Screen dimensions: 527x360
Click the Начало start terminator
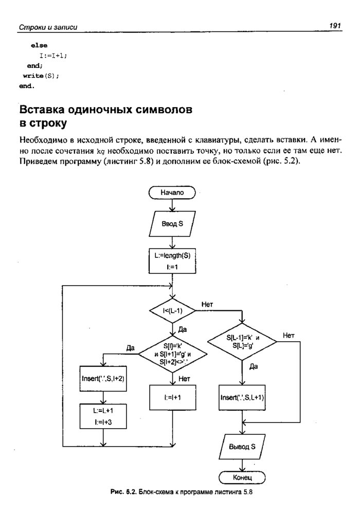click(172, 192)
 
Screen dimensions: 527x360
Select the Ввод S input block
click(172, 224)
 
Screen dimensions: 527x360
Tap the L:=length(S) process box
click(172, 261)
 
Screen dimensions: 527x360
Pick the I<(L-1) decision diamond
click(172, 311)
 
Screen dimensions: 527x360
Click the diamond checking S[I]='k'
click(172, 354)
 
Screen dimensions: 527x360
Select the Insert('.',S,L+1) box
click(242, 397)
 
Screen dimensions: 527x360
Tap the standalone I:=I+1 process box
click(172, 397)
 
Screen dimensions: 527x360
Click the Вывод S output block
click(242, 447)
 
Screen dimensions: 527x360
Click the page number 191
click(336, 25)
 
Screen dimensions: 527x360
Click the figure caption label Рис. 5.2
click(122, 492)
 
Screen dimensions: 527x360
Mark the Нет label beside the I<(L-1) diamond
click(208, 304)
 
